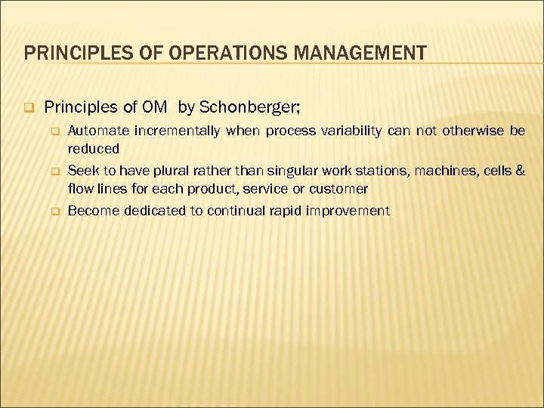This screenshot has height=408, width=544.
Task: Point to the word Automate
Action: (98, 131)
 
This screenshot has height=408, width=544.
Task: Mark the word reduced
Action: (94, 148)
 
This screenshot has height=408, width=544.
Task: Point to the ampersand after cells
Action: (519, 172)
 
